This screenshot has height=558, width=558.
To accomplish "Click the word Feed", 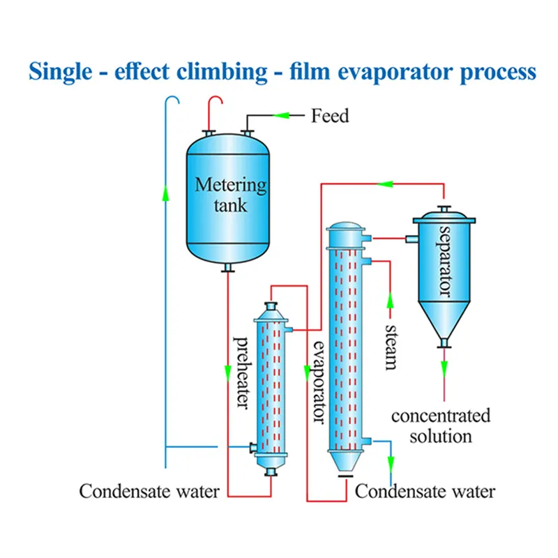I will tap(330, 115).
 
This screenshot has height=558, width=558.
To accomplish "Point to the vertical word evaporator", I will tap(319, 382).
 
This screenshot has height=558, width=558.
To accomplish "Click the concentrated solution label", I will tap(440, 426).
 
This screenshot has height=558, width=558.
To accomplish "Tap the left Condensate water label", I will tap(149, 491).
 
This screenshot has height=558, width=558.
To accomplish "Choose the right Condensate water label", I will tap(425, 491).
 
